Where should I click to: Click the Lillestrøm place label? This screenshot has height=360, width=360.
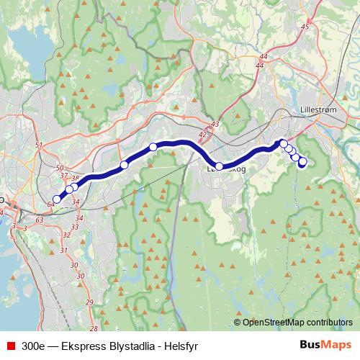(x=317, y=111)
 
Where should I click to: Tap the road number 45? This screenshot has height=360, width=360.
(x=305, y=27)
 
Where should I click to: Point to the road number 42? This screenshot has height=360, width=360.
(x=202, y=134)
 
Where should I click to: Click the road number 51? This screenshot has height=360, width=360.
(x=39, y=146)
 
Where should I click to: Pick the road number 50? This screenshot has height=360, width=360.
(x=59, y=168)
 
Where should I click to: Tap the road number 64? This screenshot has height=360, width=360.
(x=50, y=205)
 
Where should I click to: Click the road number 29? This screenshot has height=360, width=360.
(x=89, y=302)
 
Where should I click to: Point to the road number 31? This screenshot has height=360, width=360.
(x=64, y=250)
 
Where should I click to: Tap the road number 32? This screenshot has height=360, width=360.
(x=66, y=235)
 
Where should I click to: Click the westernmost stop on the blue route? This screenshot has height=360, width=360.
(x=57, y=199)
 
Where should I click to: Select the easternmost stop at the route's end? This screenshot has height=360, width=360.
(x=302, y=162)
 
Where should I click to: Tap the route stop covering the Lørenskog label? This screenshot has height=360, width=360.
(x=220, y=166)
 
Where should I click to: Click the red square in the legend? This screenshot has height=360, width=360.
(x=11, y=346)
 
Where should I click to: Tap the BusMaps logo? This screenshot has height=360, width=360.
(x=325, y=345)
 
